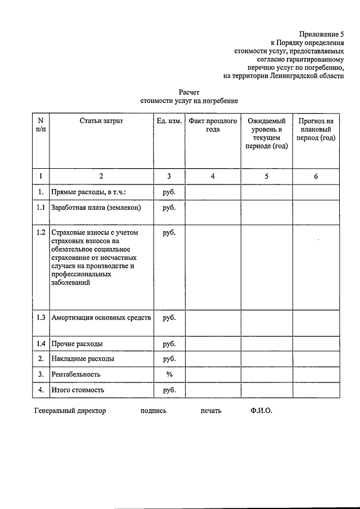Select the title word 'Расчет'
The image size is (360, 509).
point(189,92)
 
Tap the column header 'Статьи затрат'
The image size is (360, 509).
point(101,121)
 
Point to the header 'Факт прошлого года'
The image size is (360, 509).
point(213,125)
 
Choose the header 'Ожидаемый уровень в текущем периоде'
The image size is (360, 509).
point(267,133)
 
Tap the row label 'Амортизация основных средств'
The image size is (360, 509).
point(101,318)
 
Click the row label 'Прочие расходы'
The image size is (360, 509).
point(77,344)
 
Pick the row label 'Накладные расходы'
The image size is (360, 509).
point(83,358)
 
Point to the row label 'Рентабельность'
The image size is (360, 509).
point(76,374)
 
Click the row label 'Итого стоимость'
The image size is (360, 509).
point(78,389)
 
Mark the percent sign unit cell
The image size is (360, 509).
point(169,374)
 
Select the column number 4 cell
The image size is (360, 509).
point(213,176)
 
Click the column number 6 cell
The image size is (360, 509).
point(316,176)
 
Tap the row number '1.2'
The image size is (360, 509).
point(40,232)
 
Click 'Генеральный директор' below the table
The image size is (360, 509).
point(70,411)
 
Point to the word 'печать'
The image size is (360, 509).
point(210,411)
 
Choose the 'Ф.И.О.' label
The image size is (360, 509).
point(262,411)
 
